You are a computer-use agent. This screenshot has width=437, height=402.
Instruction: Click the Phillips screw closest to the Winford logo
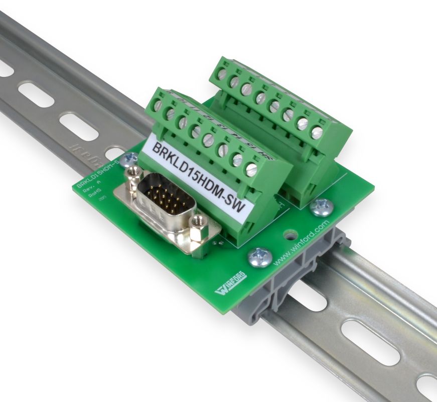[260, 257]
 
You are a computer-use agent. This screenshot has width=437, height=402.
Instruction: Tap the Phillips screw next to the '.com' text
[321, 207]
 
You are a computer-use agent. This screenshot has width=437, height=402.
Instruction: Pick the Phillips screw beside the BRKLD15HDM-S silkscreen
[131, 158]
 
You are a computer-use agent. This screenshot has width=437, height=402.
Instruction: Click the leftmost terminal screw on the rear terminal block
[222, 74]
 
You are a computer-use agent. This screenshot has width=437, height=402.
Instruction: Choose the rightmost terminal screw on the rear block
[317, 133]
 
